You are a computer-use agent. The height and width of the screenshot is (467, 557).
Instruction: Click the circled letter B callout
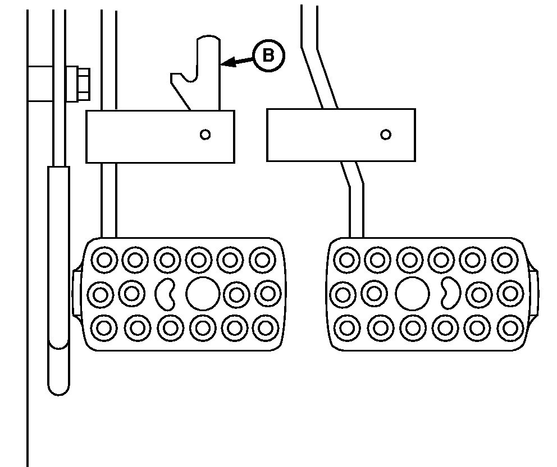tap(268, 56)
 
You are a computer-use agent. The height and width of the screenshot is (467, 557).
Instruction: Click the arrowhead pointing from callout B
tap(227, 62)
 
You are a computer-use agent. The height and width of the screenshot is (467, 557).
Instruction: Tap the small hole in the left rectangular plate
tap(206, 135)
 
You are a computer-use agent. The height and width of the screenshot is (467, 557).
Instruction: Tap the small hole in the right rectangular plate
tap(386, 135)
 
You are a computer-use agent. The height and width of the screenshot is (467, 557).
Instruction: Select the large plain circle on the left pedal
tap(203, 294)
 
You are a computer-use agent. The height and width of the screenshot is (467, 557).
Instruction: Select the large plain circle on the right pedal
tap(412, 294)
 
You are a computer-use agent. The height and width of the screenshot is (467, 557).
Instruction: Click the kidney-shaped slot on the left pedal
tap(165, 294)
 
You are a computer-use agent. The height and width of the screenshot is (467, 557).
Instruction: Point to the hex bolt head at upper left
tap(83, 84)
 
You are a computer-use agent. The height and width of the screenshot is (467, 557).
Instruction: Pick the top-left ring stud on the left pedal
tap(104, 260)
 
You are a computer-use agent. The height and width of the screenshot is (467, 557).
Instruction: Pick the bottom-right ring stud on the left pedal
tap(266, 328)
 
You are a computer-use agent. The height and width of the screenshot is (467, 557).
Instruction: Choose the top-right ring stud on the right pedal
tap(505, 260)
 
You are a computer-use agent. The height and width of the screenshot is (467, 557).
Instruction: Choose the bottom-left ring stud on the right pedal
tap(347, 327)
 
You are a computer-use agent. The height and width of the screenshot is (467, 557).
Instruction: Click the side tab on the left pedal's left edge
tap(77, 293)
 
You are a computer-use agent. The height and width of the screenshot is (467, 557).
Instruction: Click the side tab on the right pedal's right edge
tap(533, 293)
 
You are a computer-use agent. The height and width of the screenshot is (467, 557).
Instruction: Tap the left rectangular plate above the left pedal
tap(160, 137)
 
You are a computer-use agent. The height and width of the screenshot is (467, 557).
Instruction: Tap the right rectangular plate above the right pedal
tap(341, 135)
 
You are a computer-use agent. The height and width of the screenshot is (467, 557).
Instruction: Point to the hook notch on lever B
tap(189, 77)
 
